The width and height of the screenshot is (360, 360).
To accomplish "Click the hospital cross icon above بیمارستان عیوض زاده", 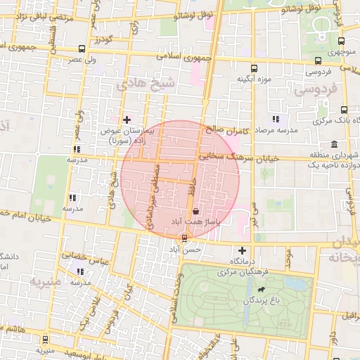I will click(127, 120).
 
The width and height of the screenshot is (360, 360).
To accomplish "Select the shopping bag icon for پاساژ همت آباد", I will click(195, 210).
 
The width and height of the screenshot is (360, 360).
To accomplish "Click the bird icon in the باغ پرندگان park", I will click(262, 290).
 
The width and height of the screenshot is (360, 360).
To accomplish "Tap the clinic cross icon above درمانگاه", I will click(243, 250).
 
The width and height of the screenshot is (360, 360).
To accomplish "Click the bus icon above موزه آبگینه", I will click(254, 69).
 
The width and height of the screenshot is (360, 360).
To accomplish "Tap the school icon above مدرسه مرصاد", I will click(276, 119).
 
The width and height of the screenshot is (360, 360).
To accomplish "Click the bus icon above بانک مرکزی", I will click(344, 110).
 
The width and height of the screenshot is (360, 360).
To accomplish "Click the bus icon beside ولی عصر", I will click(83, 49).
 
